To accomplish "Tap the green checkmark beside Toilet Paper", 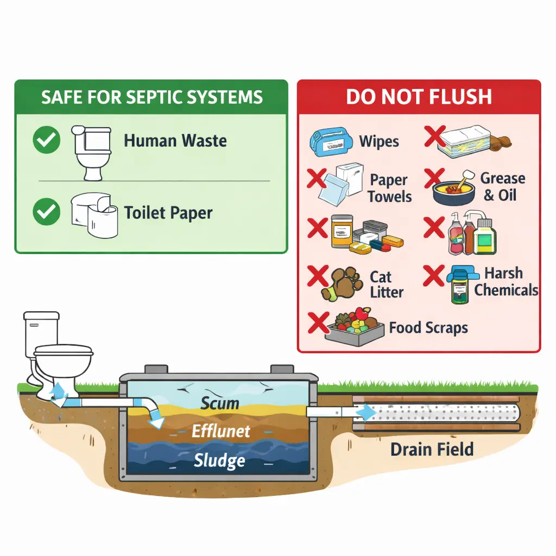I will (x=47, y=212).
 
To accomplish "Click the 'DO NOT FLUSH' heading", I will (x=419, y=97).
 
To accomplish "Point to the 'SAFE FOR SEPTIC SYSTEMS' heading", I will (x=151, y=97).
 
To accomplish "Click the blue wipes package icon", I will (x=330, y=140).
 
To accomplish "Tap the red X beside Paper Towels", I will (x=317, y=179).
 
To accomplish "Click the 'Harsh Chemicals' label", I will (x=505, y=281).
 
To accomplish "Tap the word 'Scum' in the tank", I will (x=220, y=403).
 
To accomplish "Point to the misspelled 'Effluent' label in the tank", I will (x=221, y=432).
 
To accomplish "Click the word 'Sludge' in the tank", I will (x=219, y=461).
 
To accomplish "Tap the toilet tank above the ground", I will (x=41, y=331).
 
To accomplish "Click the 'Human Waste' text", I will (x=175, y=141).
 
